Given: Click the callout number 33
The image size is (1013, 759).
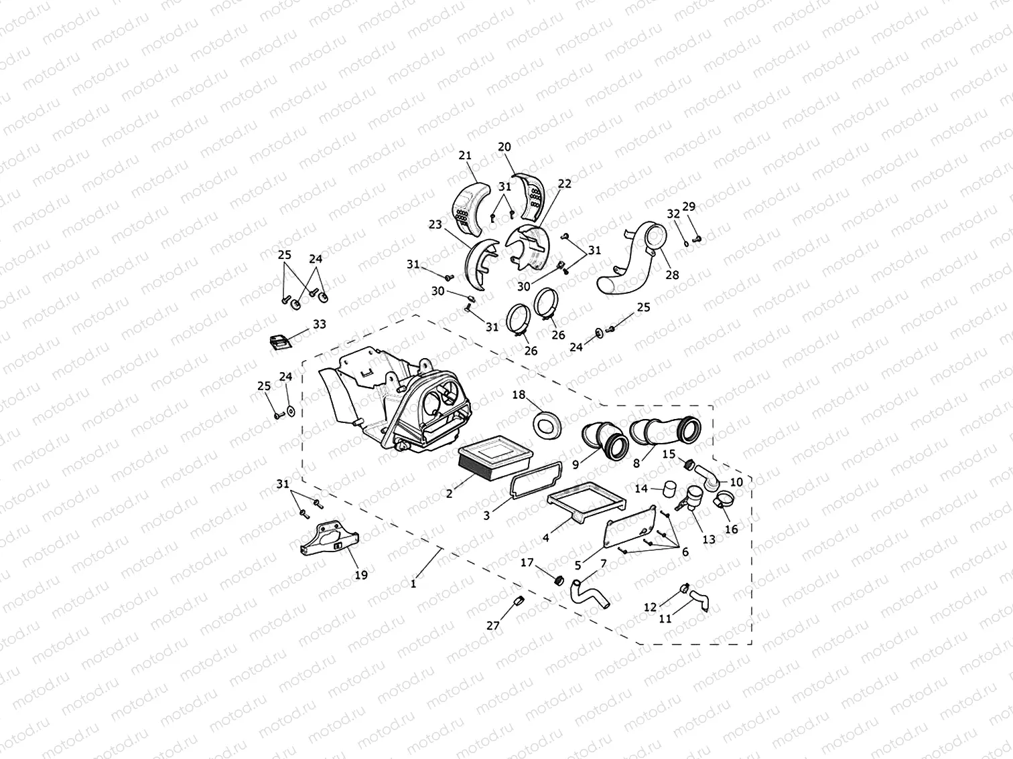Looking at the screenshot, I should pos(320,324).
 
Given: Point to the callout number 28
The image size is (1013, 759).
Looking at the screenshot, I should pos(672,274).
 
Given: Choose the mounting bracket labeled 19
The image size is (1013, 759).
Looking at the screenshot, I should pos(328,539).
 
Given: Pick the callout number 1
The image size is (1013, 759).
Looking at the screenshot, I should pos(413,583).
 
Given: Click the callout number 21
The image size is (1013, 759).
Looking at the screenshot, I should pos(465,155).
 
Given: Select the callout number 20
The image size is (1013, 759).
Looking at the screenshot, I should pos(504,147).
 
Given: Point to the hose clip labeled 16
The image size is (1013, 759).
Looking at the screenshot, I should pos(724,499).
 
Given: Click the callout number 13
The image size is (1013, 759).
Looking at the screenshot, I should pos(709,539).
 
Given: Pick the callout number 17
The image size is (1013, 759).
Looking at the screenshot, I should pos(527,562).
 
